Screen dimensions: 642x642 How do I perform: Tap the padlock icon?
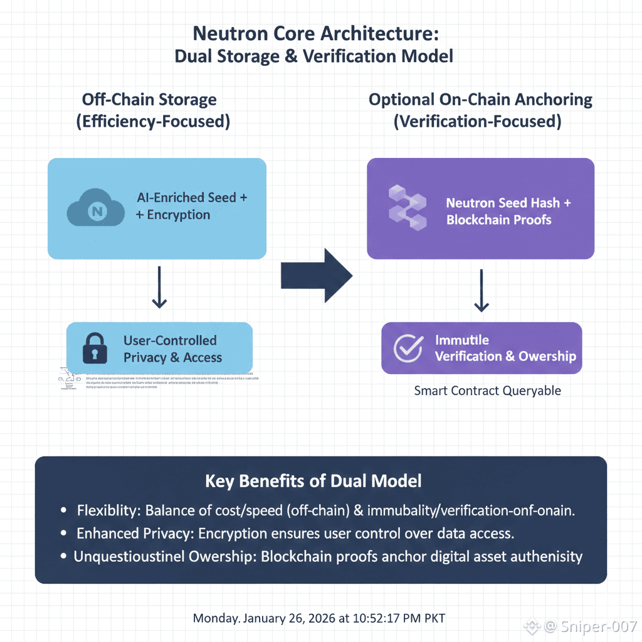tap(95, 349)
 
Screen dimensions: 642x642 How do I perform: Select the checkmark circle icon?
tap(408, 348)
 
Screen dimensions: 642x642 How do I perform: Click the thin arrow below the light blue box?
tap(159, 287)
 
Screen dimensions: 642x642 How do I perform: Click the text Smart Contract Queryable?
tap(487, 391)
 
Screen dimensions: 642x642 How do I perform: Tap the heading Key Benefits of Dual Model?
tap(313, 481)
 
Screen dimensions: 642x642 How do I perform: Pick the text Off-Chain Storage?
tap(149, 100)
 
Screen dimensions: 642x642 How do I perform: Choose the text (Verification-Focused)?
tap(477, 121)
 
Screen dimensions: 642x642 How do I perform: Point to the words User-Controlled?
tap(170, 340)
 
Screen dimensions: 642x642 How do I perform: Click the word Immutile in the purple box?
tap(462, 340)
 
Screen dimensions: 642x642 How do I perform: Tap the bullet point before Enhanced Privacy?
tap(63, 534)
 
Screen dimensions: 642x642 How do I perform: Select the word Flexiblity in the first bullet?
tap(107, 511)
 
